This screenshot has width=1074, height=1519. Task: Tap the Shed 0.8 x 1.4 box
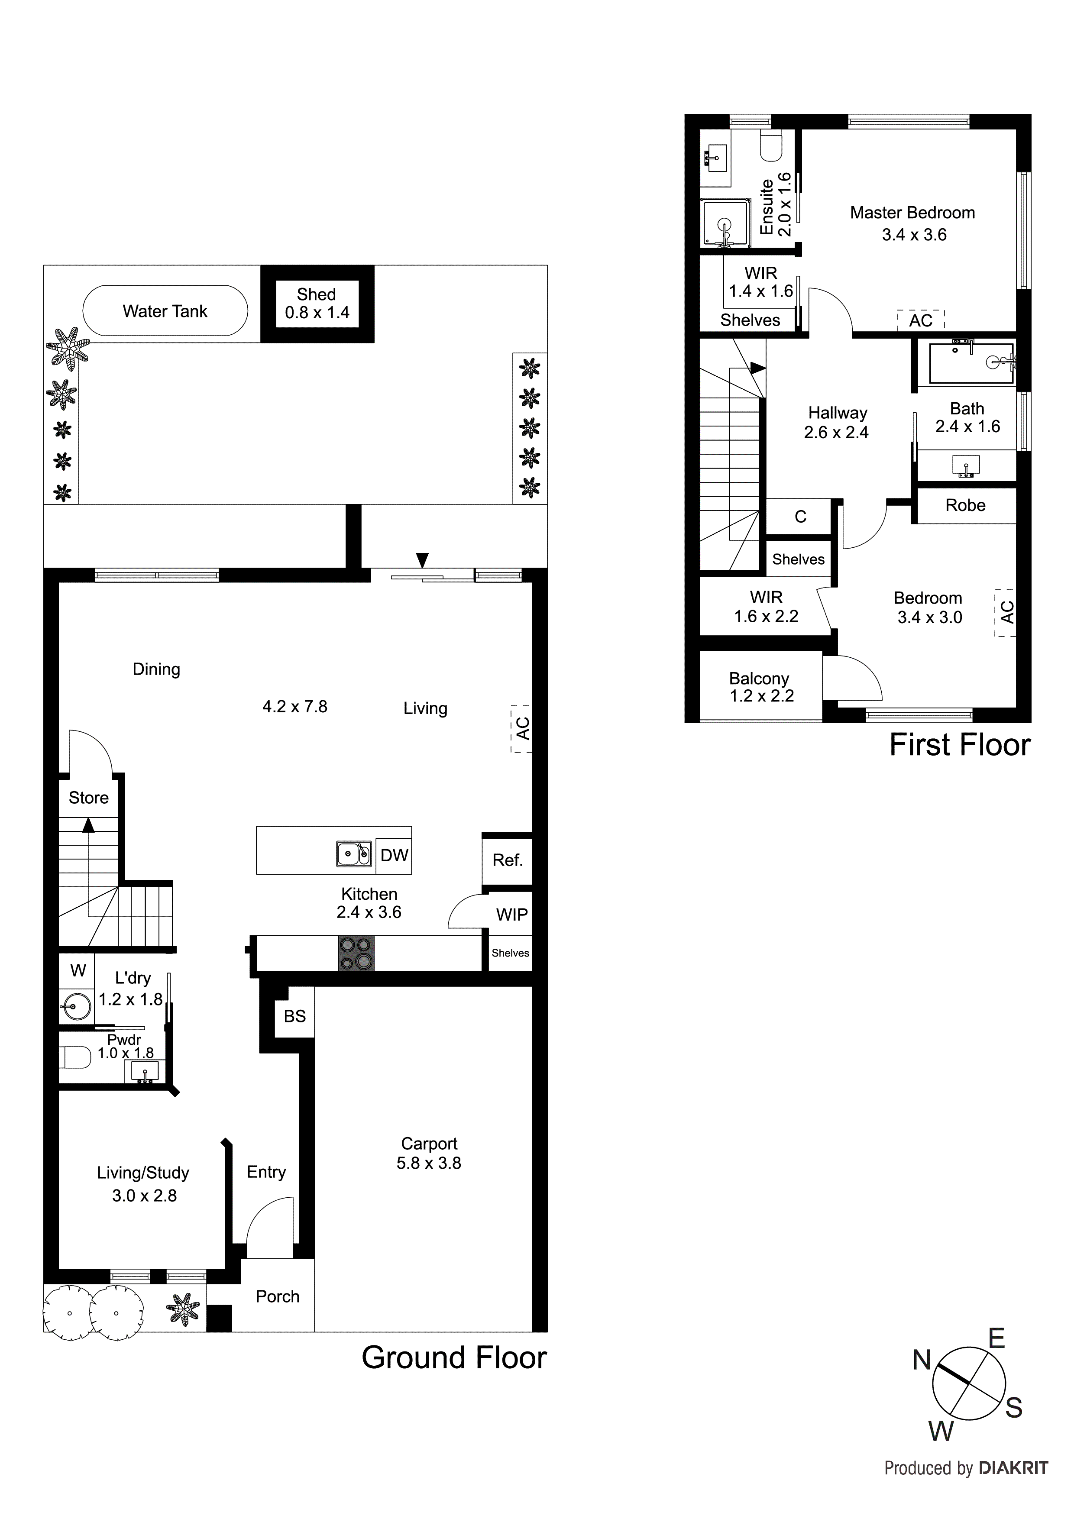(317, 304)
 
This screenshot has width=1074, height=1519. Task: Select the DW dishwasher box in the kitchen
(394, 856)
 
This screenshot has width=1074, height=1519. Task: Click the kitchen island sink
(354, 853)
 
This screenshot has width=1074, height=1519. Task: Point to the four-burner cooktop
(356, 953)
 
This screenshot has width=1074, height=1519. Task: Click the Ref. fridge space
(508, 860)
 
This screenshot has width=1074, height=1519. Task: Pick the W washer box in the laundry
(78, 970)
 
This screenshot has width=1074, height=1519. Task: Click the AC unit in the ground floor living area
(521, 728)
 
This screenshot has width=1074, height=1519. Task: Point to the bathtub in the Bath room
(971, 362)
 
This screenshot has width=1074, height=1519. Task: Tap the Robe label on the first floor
(965, 505)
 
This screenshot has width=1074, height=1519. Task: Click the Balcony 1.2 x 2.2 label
(761, 687)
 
